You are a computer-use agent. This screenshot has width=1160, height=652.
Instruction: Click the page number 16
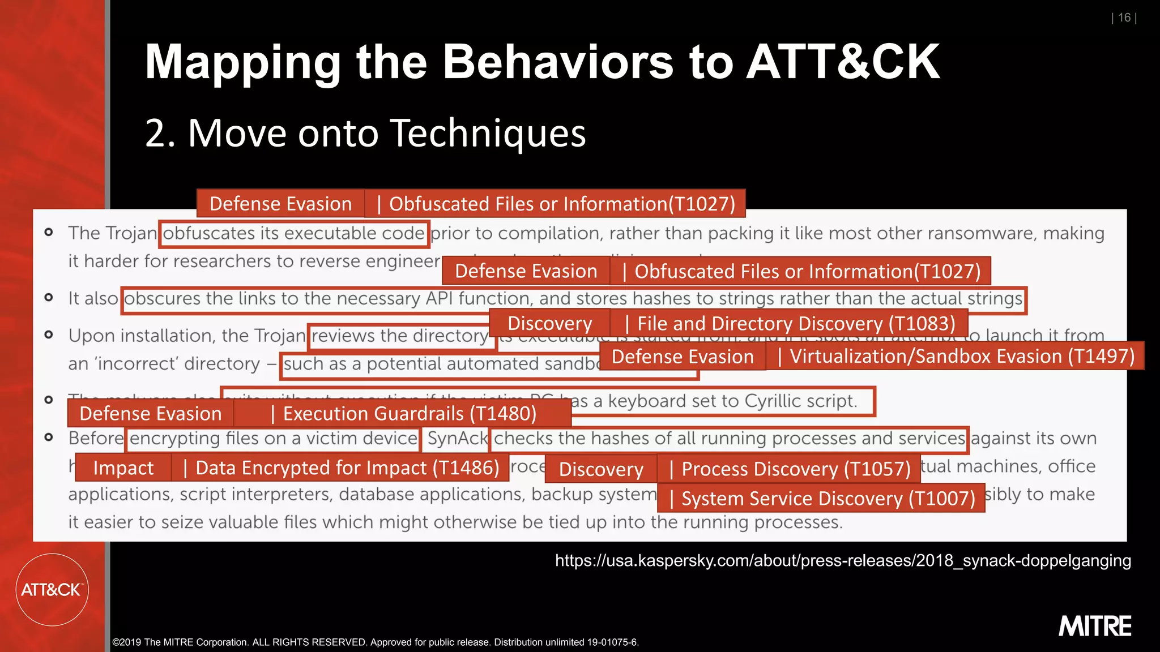pyautogui.click(x=1124, y=18)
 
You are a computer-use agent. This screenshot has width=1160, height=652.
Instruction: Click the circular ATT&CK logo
pyautogui.click(x=52, y=590)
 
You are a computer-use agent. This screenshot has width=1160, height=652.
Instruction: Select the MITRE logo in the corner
pyautogui.click(x=1094, y=627)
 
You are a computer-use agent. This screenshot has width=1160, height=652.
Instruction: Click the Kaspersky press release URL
pyautogui.click(x=843, y=560)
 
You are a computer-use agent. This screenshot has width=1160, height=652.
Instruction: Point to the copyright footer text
pyautogui.click(x=375, y=642)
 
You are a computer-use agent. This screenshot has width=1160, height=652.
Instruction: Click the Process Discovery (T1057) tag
pyautogui.click(x=789, y=469)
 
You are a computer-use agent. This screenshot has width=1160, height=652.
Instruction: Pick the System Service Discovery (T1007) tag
pyautogui.click(x=821, y=499)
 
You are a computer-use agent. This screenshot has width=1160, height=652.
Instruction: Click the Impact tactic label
pyautogui.click(x=123, y=468)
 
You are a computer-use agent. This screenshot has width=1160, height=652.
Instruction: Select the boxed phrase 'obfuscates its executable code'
pyautogui.click(x=293, y=233)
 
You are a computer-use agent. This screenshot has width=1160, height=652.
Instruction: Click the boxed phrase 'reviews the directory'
pyautogui.click(x=399, y=336)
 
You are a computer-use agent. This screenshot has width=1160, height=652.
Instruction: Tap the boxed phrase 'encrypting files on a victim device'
pyautogui.click(x=274, y=439)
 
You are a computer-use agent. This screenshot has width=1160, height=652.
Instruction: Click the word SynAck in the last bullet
pyautogui.click(x=457, y=439)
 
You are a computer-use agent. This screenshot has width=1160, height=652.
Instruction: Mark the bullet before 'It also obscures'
pyautogui.click(x=49, y=298)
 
